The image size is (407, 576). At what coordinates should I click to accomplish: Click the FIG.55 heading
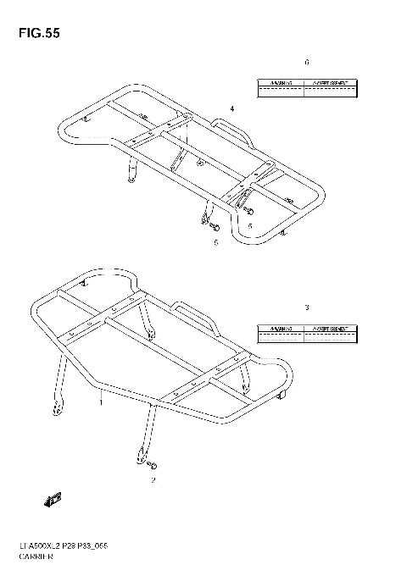point(35,34)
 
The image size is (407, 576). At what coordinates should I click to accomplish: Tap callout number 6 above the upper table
point(307,63)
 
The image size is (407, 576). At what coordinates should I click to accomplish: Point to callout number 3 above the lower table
point(307,307)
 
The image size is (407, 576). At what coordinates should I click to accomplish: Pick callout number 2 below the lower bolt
point(153,481)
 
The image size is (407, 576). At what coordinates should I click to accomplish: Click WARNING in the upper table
point(280,84)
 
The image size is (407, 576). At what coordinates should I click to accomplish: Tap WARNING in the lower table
point(280,327)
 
